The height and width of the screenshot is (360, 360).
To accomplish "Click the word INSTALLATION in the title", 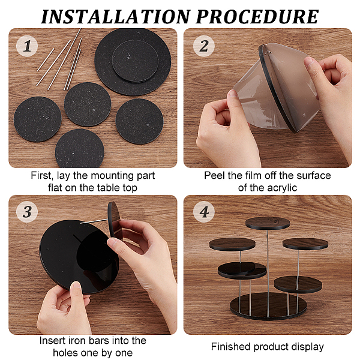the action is pos(115,17).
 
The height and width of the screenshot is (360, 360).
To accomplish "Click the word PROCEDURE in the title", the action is pos(257,17).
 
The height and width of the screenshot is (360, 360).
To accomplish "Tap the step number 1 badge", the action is pos(27,46).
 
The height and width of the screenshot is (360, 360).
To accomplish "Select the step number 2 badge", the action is pos(204,46).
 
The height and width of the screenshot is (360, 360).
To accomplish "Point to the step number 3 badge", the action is pos(27,211).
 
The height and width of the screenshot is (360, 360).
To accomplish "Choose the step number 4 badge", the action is pos(204,211).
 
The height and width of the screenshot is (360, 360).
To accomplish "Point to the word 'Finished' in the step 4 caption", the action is pos(231,347).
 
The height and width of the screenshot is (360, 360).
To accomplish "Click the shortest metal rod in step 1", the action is pos(46,59).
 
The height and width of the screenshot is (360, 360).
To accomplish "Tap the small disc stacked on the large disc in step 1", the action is pos(135,61).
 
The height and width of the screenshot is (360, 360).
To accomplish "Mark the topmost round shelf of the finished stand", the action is pos(268,223).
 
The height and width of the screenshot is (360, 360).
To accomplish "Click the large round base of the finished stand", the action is pos(268,307).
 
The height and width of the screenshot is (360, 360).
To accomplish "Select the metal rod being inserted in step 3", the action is pos(94,221).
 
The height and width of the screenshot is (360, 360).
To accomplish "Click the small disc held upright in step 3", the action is pos(114,220).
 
